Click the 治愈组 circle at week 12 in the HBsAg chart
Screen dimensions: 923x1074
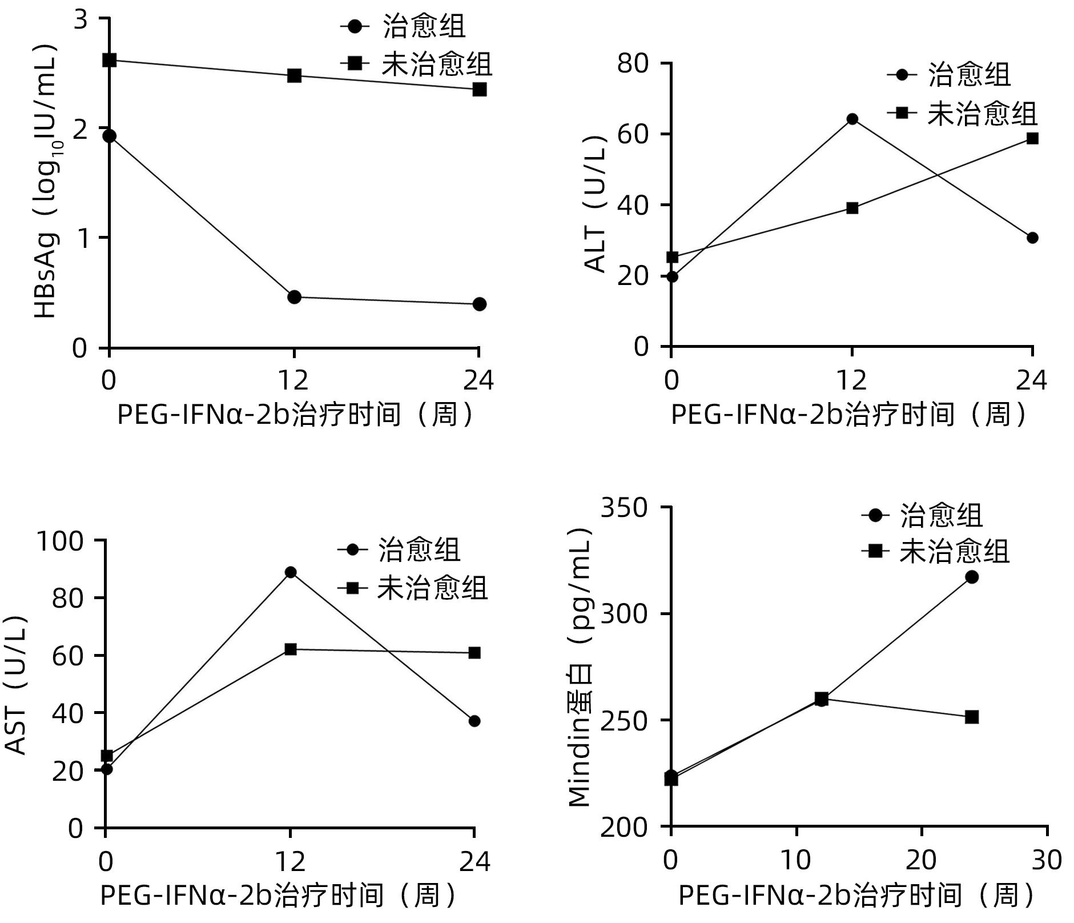tap(294, 297)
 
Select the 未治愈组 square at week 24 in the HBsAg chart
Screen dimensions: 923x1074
tap(480, 89)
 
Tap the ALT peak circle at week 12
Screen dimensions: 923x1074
tap(852, 119)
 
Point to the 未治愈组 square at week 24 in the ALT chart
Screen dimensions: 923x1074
tap(1032, 138)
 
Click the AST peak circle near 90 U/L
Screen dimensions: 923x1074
tap(291, 572)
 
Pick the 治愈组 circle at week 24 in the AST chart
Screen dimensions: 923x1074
tap(474, 721)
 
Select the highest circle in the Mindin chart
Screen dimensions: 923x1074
tap(972, 577)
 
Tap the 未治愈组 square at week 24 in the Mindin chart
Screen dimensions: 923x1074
tap(972, 717)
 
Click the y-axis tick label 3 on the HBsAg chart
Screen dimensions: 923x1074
tap(82, 19)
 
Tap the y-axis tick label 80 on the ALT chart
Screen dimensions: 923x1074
tap(634, 63)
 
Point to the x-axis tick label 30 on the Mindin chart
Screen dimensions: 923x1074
tap(1047, 860)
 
